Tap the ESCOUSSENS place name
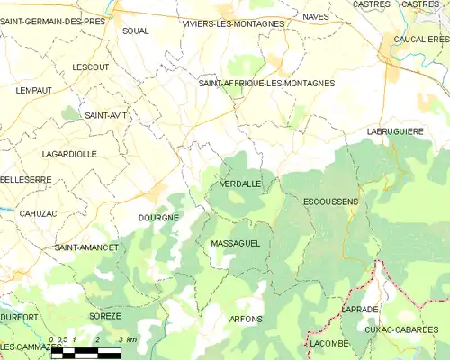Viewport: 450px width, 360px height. [330, 202]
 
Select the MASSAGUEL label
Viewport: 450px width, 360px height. [235, 244]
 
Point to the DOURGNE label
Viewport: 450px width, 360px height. [158, 218]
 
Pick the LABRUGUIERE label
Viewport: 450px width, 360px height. [395, 131]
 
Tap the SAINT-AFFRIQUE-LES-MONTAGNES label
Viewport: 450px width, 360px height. [266, 83]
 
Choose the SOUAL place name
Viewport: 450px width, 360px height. [135, 31]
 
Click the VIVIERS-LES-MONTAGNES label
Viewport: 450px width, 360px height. [232, 23]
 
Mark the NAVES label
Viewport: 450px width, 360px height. [316, 17]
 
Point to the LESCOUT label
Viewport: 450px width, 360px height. [90, 67]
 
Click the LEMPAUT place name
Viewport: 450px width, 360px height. [33, 91]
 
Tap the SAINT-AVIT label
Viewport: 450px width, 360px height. [104, 115]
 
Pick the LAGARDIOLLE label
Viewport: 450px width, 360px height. [69, 154]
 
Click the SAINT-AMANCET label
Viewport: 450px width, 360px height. [86, 247]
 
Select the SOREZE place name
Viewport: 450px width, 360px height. [105, 317]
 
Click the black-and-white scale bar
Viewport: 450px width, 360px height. [85, 352]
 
